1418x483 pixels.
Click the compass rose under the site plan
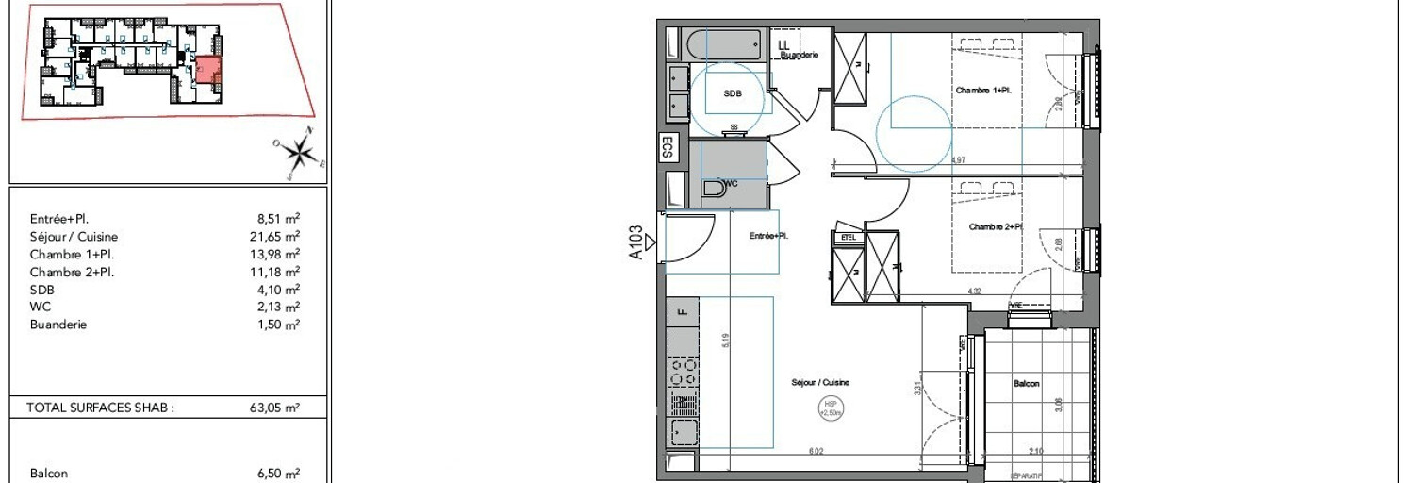(x=299, y=151)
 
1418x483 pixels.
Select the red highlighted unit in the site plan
(x=206, y=71)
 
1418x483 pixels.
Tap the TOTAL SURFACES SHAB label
(x=102, y=408)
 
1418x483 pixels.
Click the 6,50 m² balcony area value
(x=279, y=474)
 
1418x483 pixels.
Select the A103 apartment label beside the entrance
(x=637, y=241)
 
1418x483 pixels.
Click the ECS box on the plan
(x=668, y=148)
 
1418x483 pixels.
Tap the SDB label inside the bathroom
(x=733, y=94)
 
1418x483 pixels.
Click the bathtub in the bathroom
(x=725, y=45)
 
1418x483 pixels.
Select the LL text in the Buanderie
(x=784, y=42)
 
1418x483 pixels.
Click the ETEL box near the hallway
(x=848, y=238)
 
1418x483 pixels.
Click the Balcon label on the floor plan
(x=1027, y=384)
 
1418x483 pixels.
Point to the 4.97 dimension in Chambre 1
(x=959, y=160)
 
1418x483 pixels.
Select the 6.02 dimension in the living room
(x=811, y=452)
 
